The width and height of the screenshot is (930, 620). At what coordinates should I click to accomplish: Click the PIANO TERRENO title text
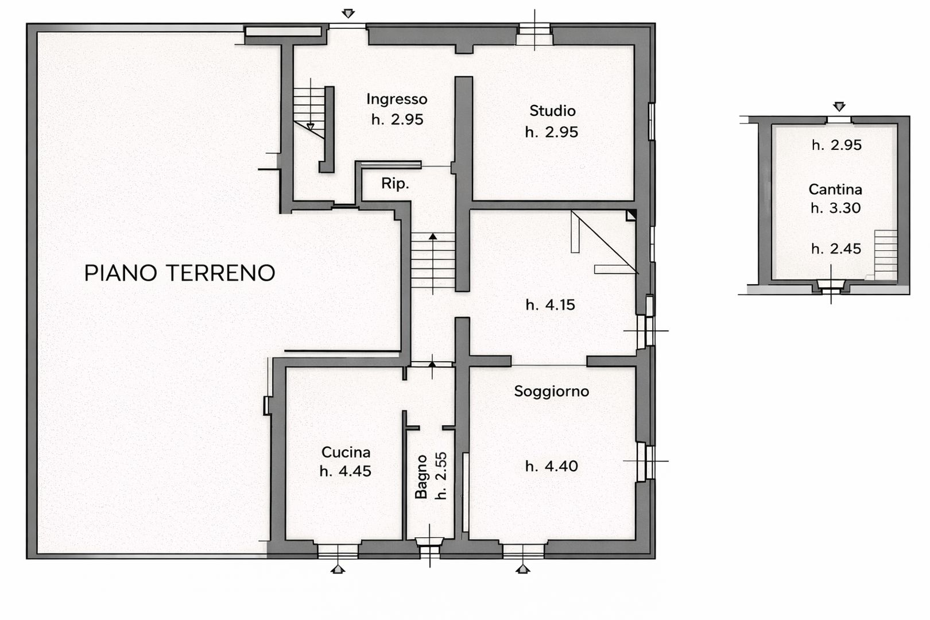(180, 273)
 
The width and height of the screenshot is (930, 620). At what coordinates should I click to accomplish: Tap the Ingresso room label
(397, 99)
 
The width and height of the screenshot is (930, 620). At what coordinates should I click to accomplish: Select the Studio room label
(552, 111)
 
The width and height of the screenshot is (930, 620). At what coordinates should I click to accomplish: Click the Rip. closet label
(395, 184)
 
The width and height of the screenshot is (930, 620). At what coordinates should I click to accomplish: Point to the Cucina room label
(346, 452)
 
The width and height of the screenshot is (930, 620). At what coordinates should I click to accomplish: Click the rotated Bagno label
(421, 476)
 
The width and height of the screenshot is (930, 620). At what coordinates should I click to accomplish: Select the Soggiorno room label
(551, 392)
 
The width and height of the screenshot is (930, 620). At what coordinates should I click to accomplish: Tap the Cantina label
(835, 189)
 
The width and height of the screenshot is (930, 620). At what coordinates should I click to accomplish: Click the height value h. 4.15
(550, 305)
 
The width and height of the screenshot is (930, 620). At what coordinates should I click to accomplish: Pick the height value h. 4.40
(551, 466)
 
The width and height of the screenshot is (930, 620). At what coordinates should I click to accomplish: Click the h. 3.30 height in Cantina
(835, 208)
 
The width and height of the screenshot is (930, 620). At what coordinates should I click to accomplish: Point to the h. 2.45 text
(836, 249)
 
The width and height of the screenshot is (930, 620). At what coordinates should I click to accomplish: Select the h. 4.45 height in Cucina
(346, 471)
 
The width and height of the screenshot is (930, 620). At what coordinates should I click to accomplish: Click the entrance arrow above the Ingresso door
(348, 13)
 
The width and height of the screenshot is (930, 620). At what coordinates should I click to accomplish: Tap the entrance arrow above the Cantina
(839, 107)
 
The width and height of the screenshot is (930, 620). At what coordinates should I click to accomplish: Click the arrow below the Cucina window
(338, 569)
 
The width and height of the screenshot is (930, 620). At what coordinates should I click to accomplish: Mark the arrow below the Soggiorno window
(522, 569)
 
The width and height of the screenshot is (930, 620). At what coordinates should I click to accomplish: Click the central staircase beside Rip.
(433, 261)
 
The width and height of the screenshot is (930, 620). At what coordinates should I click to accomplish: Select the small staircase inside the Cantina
(885, 254)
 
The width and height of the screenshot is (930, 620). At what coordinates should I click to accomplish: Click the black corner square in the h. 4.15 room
(631, 215)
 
